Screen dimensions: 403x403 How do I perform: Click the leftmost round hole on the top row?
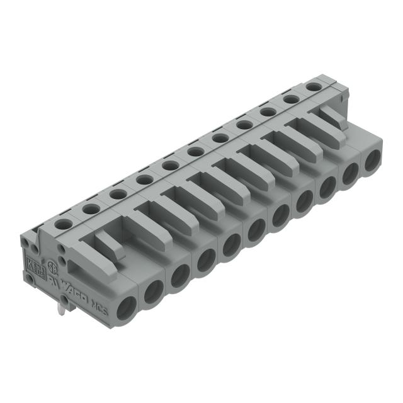coord(62,223)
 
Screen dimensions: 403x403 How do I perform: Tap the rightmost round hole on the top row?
coord(314,86)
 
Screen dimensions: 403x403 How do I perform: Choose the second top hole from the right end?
coord(290,99)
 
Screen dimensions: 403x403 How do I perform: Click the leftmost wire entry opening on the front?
coord(125,305)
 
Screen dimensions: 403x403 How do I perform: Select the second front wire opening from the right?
coord(349,173)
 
